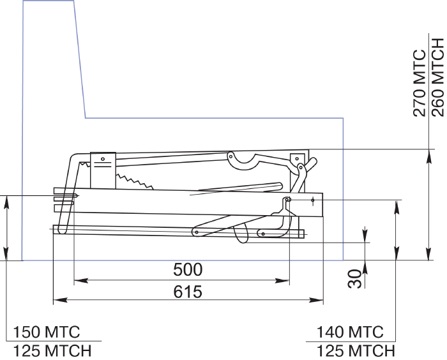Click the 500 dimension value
tap(188, 269)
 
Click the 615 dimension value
tap(188, 292)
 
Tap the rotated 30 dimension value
tap(354, 279)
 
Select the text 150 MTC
tap(47, 332)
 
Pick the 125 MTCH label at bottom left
tap(52, 350)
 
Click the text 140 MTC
tap(350, 332)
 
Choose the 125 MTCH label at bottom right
tap(356, 350)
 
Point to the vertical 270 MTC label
tap(420, 83)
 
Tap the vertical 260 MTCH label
tap(438, 77)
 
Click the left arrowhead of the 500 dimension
tap(80, 281)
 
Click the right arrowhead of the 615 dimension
tap(317, 300)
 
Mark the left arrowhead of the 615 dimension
tap(60, 300)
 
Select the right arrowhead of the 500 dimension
tap(282, 281)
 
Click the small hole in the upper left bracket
tap(103, 159)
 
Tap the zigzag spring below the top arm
tap(134, 181)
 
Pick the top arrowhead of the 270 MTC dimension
tap(428, 156)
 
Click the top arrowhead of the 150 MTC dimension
tap(6, 203)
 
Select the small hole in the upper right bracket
tap(297, 159)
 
